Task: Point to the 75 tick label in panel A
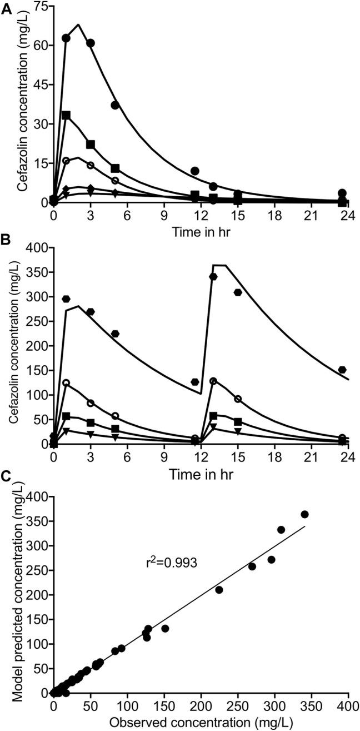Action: click(x=38, y=6)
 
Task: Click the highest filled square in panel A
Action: click(x=66, y=115)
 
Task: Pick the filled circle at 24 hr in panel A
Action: click(x=342, y=193)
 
